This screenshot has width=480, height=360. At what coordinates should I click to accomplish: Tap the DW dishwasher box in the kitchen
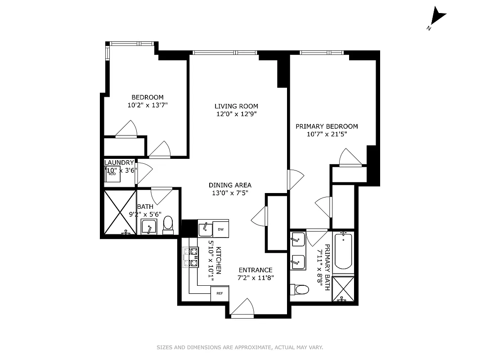tap(220, 229)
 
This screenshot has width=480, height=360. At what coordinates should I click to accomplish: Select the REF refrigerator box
tap(220, 293)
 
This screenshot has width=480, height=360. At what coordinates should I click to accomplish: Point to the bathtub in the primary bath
tap(344, 251)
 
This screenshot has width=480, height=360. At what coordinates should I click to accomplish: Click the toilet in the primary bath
tap(300, 289)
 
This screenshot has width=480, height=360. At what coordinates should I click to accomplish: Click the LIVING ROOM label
tap(236, 106)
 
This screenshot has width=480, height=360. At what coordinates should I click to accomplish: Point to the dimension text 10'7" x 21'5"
tap(326, 134)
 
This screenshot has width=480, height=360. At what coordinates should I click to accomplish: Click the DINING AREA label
tap(230, 185)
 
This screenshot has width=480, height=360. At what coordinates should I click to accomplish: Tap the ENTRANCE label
tap(255, 270)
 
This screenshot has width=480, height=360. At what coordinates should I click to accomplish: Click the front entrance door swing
tap(242, 308)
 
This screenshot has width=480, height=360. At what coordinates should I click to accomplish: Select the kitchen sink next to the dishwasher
tap(206, 229)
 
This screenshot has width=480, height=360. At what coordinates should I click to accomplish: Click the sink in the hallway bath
tap(148, 227)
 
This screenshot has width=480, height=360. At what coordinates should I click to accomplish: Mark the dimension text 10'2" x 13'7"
tap(148, 105)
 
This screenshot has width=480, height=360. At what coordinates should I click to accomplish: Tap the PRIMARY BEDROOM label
tap(327, 126)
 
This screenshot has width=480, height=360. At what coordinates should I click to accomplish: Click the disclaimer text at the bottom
tap(240, 347)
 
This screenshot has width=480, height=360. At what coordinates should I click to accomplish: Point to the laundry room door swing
tap(144, 172)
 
